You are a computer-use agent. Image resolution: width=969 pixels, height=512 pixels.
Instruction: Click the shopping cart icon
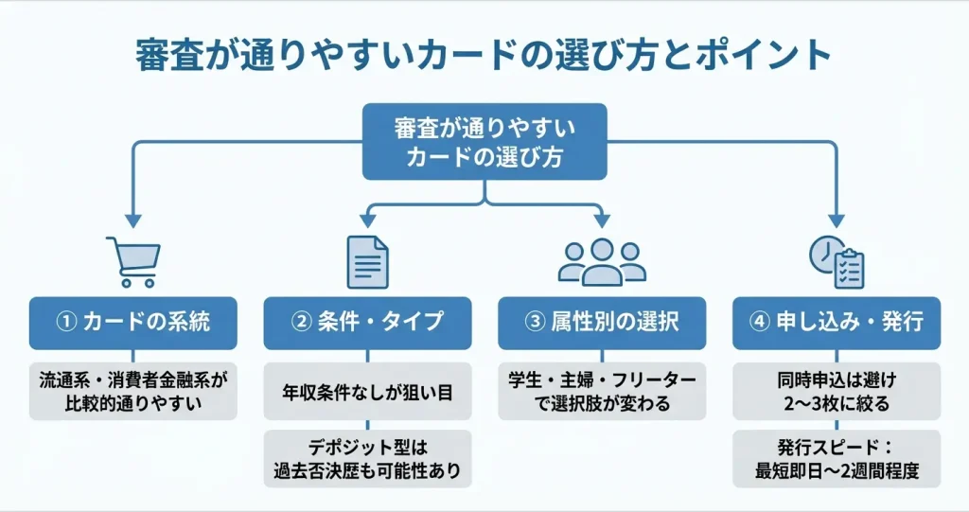pos(133,261)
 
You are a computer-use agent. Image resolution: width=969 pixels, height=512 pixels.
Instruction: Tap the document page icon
pos(368,261)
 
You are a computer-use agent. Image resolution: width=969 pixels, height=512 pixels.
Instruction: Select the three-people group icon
pos(602,261)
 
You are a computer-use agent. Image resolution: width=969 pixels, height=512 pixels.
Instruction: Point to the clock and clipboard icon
pos(836,261)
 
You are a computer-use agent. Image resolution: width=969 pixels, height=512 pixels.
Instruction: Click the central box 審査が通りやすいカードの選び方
pos(484,142)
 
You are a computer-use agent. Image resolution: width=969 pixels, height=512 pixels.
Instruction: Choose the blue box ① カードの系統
pos(132,322)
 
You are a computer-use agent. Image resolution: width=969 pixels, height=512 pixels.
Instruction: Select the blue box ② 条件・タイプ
pos(367,322)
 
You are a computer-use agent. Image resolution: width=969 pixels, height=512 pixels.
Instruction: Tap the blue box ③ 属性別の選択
pos(602,322)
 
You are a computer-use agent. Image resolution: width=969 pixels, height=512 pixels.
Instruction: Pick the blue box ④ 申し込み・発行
pos(837,322)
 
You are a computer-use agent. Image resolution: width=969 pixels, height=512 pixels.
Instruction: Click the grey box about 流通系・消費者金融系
pos(132,391)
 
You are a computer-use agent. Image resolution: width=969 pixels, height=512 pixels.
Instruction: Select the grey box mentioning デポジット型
pos(367,459)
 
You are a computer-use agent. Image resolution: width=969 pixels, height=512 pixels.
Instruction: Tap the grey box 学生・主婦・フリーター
pos(602,391)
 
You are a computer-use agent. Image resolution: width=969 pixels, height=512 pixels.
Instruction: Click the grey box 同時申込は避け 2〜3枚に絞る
pos(837,391)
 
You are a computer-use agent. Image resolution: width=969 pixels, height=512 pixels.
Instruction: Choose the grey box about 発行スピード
pos(837,459)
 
